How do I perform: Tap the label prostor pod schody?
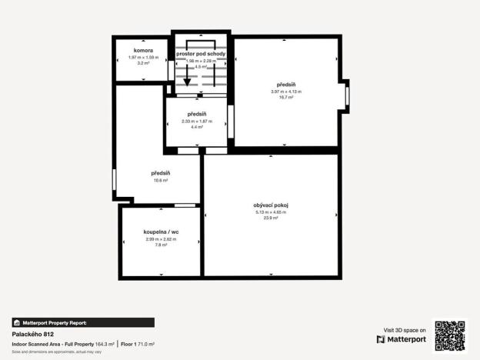(201, 54)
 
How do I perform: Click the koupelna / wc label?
(161, 232)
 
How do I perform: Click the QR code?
(450, 335)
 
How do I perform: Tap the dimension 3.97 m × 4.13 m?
(285, 92)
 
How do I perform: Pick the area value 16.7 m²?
(285, 98)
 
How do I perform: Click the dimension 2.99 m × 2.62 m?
(161, 238)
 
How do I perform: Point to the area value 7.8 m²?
(161, 245)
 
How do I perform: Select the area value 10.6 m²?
(160, 181)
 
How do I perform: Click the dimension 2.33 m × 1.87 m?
(197, 121)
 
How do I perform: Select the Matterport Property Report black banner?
(83, 322)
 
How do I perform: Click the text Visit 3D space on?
(405, 330)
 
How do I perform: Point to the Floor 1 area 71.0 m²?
(138, 344)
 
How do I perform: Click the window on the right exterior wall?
(347, 95)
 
